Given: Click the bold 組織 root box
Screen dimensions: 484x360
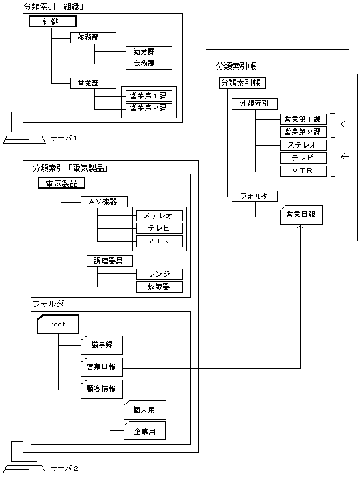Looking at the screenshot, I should pos(50,22).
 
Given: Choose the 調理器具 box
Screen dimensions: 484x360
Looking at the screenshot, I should pos(110,261).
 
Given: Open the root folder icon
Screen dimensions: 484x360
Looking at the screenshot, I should pos(58,324).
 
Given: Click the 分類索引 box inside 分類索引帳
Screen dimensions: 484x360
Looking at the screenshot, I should pos(254,104).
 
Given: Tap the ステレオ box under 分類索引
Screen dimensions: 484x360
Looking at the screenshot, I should pos(303,145).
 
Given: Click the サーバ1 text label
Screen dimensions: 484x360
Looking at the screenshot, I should pos(65,138).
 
